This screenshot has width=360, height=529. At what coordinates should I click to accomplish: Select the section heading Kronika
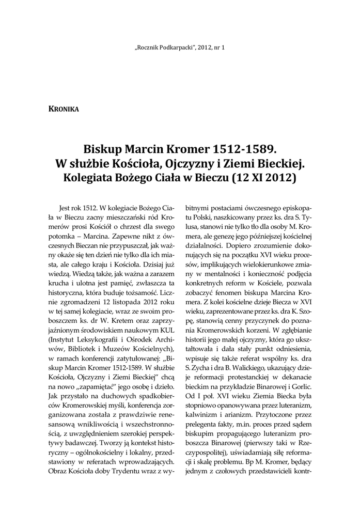[62, 108]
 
